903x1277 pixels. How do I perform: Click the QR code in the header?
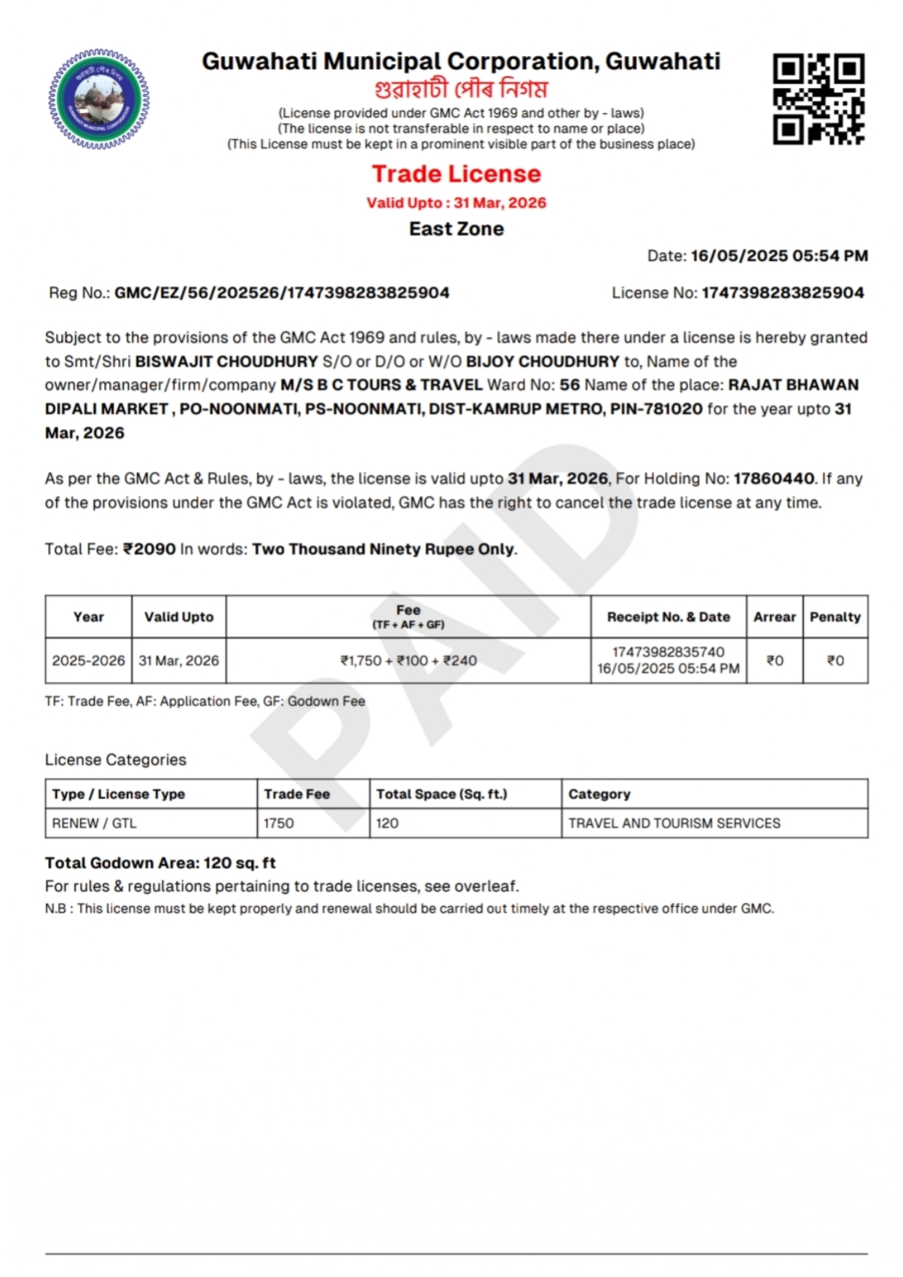819,98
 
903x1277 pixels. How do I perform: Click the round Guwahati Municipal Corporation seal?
98,99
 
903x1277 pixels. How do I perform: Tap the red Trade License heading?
457,174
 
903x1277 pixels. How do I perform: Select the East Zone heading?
457,229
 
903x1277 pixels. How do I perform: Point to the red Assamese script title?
461,89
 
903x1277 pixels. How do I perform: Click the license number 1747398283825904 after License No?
783,293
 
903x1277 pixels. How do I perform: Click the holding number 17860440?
774,479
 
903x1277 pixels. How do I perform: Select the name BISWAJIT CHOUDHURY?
226,361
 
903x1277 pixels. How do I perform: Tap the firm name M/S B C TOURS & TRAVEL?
382,385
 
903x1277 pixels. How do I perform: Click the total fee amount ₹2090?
149,549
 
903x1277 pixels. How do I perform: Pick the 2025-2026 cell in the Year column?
88,661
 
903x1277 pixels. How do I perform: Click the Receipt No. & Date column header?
669,617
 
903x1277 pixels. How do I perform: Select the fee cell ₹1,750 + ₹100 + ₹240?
409,661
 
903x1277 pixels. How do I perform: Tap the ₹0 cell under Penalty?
835,661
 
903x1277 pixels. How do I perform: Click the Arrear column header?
775,617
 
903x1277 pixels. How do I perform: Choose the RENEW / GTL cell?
95,823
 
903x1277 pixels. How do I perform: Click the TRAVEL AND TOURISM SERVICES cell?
674,823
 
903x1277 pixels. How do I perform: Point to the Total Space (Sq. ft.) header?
441,794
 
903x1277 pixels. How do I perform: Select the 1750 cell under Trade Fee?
279,823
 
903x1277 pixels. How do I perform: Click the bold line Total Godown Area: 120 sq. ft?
160,863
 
